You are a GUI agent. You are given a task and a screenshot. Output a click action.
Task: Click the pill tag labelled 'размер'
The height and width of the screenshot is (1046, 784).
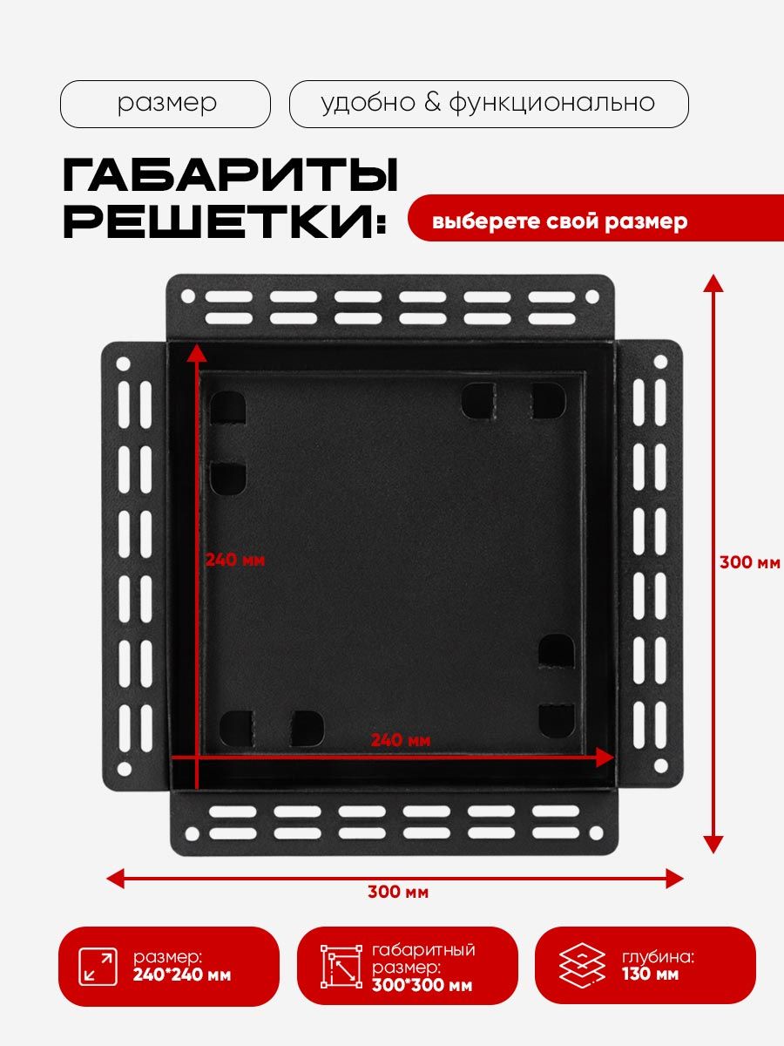[x=166, y=104]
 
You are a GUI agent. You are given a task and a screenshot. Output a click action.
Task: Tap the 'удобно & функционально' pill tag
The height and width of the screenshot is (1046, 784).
[x=488, y=104]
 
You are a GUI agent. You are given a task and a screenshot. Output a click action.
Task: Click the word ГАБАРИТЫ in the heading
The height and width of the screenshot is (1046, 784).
[x=231, y=177]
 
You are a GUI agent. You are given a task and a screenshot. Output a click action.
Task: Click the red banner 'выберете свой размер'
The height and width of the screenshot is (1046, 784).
[x=559, y=221]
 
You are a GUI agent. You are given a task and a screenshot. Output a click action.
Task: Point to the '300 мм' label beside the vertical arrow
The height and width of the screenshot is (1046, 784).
[x=749, y=562]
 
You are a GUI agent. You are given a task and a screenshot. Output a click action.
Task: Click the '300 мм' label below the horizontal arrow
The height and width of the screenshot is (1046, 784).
[x=397, y=892]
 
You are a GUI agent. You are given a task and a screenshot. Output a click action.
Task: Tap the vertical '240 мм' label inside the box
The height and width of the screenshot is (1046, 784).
[x=235, y=560]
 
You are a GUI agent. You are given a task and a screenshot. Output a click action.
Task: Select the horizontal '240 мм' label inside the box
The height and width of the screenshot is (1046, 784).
[x=400, y=740]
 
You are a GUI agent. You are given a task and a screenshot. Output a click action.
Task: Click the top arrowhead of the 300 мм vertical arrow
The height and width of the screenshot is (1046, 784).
[x=713, y=282]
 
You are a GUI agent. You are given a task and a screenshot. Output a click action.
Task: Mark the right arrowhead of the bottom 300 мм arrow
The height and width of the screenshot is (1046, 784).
[x=674, y=878]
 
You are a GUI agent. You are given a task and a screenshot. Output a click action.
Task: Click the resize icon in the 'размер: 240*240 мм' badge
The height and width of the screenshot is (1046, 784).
[x=98, y=967]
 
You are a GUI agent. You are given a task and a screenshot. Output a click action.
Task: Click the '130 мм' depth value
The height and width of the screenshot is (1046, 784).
[x=650, y=974]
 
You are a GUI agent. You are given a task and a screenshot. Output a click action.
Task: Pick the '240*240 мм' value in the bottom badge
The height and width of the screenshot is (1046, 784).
[x=183, y=975]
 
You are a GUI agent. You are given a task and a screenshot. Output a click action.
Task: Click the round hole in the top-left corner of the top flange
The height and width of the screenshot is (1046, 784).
[x=187, y=296]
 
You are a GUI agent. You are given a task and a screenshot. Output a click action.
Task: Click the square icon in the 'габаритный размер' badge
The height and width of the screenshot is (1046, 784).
[x=342, y=966]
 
